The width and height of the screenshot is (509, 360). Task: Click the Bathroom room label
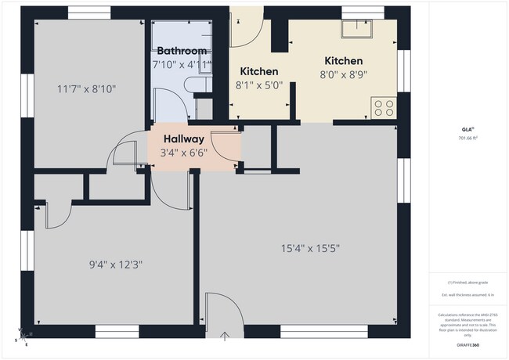(x=182, y=51)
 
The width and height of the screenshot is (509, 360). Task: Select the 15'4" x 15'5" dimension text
(x=310, y=249)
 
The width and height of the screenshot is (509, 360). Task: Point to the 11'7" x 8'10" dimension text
(x=87, y=89)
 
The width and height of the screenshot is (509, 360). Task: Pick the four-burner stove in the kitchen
(x=384, y=107)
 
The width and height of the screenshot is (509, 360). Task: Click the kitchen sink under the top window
(x=357, y=28)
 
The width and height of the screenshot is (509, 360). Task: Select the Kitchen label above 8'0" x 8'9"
(x=343, y=61)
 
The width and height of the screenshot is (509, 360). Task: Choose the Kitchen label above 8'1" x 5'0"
(x=258, y=71)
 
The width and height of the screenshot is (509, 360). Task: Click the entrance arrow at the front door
(x=226, y=337)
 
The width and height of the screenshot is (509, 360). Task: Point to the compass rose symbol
(x=21, y=338)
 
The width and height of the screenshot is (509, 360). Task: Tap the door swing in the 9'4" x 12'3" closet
(x=59, y=213)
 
